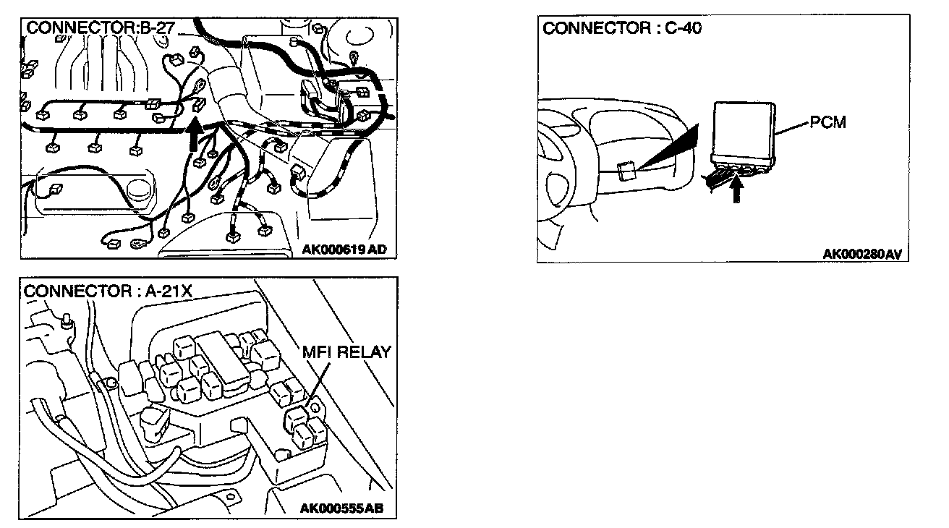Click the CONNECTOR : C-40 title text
click(622, 28)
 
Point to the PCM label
click(827, 123)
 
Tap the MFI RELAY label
click(346, 352)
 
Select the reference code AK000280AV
click(865, 254)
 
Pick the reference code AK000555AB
click(341, 508)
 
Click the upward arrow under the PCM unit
click(737, 190)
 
